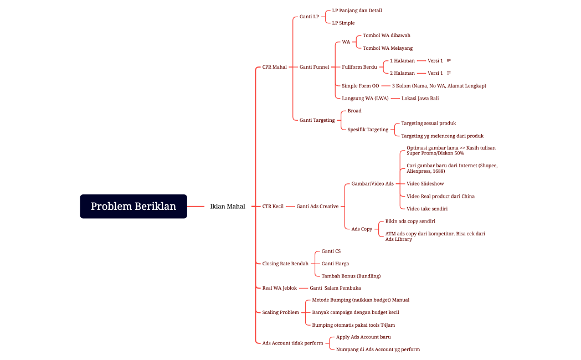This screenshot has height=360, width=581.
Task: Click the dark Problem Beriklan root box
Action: point(133,206)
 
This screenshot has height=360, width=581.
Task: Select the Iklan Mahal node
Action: point(228,206)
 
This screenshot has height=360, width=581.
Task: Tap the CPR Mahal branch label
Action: point(275,67)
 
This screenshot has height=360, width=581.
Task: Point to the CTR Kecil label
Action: point(272,206)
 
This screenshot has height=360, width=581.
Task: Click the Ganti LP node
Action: point(310,17)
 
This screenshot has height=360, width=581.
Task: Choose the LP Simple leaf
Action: point(343,23)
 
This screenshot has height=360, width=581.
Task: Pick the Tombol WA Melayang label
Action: point(388,48)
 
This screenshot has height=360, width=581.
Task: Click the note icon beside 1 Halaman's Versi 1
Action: point(449,61)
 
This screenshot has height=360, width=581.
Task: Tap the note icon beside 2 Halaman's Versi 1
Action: point(449,73)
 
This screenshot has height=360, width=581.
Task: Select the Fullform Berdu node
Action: point(359,67)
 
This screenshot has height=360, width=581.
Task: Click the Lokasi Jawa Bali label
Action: point(420,99)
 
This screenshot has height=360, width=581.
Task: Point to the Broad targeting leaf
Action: point(354,111)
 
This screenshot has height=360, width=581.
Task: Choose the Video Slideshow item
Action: point(425,184)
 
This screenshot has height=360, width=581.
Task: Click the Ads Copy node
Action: point(362,229)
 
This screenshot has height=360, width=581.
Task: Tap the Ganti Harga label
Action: point(335,264)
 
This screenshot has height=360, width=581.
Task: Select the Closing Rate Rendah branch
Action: point(285,264)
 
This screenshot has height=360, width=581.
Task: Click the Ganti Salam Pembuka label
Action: point(335,288)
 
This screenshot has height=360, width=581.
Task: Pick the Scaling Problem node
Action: point(280,312)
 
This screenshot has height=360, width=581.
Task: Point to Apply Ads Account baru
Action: point(363,337)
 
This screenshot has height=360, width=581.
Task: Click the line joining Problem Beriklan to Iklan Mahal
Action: point(196,206)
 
